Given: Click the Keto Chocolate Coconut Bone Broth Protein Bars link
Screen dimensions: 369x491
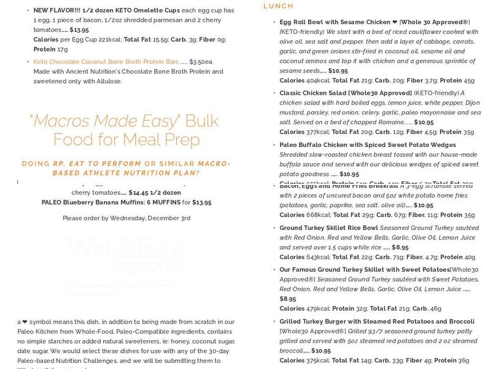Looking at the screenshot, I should point(106,61).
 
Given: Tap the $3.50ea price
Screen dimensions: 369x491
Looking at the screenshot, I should point(201,61).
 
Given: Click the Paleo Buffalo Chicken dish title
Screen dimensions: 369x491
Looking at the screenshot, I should point(368,145).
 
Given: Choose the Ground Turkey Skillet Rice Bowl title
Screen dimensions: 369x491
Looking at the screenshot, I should point(328,228).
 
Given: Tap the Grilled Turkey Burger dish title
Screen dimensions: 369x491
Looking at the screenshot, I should point(377,322).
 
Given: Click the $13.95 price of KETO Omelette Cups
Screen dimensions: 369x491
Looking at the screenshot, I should point(79,30).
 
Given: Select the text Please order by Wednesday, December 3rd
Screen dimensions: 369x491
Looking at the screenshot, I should point(126,218).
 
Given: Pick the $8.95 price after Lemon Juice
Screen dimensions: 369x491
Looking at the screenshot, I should point(288,299).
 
